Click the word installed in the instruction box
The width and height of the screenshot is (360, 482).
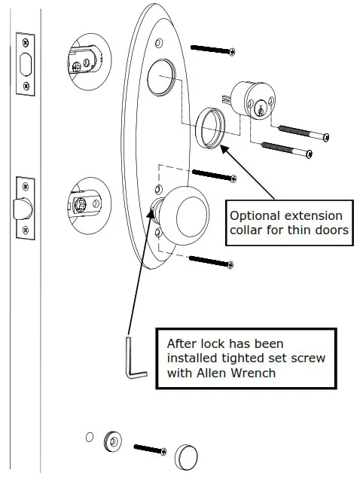(189, 358)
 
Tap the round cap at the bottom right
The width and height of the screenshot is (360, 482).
(188, 456)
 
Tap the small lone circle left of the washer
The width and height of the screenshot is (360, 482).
(90, 438)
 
